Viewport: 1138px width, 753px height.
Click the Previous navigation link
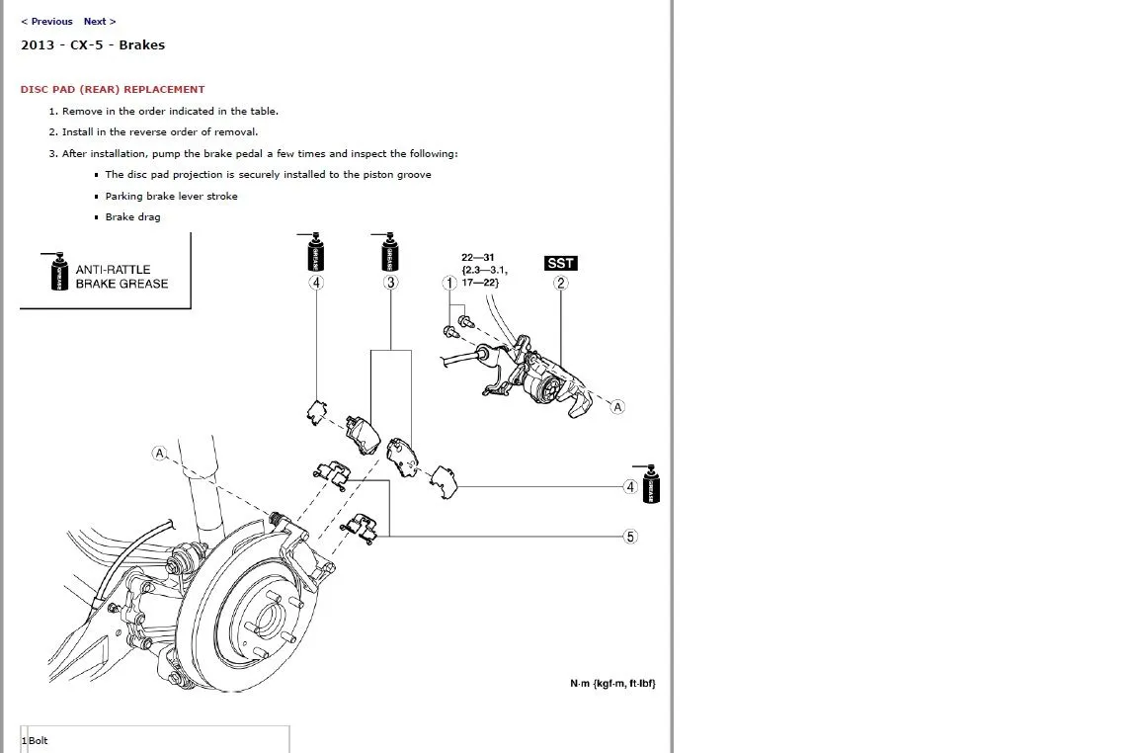click(x=47, y=21)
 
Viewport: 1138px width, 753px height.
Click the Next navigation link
click(x=99, y=21)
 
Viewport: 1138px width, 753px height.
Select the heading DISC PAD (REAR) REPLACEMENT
click(x=113, y=89)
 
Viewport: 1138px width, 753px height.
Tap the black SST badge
click(x=560, y=263)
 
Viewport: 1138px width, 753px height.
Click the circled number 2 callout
click(x=560, y=284)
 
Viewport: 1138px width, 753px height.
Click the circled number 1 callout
click(x=449, y=284)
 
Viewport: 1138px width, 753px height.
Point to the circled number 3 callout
click(x=391, y=284)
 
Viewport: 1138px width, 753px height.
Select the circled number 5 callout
click(x=630, y=537)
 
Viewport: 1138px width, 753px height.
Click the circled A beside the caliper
click(x=617, y=406)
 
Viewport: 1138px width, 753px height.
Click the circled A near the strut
click(x=159, y=453)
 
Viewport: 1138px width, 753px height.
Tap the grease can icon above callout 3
click(x=390, y=253)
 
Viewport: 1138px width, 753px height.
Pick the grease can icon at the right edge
click(x=651, y=484)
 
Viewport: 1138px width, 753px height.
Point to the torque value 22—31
click(x=477, y=258)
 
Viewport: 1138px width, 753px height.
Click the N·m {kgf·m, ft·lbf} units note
click(x=612, y=684)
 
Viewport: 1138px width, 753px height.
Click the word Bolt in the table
click(x=39, y=740)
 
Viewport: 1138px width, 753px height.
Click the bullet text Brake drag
click(x=132, y=217)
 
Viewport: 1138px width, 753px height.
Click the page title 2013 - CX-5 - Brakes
click(x=93, y=44)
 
